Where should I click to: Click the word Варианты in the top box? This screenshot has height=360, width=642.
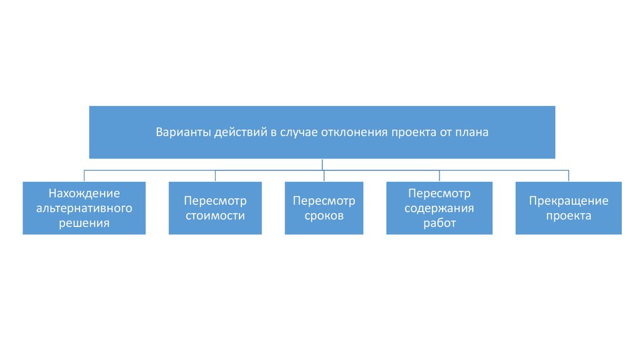coord(182,132)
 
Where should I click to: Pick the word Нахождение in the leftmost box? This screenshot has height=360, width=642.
coord(84,193)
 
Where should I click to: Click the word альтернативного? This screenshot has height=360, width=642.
coord(84,208)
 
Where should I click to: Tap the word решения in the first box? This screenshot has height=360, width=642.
coord(84,223)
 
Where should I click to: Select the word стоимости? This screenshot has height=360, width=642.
coord(215,216)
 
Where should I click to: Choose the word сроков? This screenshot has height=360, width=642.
coord(324,216)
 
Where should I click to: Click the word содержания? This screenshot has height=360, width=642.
coord(439,208)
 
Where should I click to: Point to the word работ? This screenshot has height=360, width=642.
coord(439,223)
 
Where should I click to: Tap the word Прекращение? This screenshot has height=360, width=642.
coord(568,201)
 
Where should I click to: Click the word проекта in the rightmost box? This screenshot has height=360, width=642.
coord(568,216)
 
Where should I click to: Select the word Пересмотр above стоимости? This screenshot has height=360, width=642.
coord(215,201)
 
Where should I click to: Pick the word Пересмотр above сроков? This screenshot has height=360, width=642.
coord(324,201)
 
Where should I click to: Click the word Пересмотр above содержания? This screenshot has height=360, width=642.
coord(439,193)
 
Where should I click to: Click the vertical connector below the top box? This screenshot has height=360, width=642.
coord(322,164)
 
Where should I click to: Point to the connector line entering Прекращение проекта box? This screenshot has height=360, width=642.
coord(568,176)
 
